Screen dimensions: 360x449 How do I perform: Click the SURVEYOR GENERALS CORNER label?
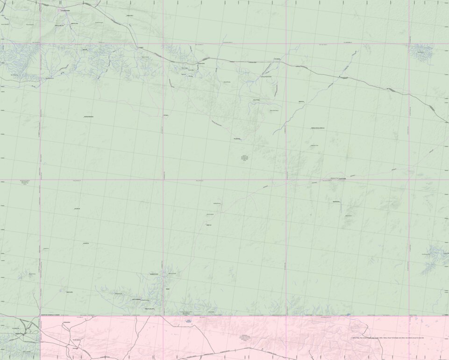point(50,315)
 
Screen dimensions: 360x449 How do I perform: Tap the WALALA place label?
point(301,102)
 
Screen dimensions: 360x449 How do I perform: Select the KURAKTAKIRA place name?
point(88,116)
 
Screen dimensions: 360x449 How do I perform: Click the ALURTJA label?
point(77,209)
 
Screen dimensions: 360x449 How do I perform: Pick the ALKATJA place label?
point(86,244)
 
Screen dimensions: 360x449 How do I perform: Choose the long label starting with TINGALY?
point(317,128)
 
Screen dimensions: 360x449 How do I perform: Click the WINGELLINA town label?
point(64,10)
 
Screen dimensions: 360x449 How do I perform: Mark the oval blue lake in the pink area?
point(188,321)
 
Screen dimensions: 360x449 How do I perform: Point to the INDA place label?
point(167,289)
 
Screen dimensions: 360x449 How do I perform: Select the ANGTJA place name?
point(209,225)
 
